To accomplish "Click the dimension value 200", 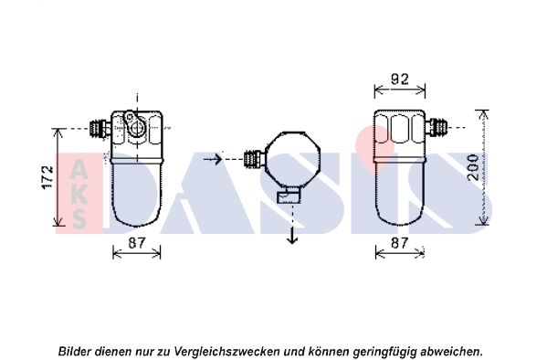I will click(x=470, y=166).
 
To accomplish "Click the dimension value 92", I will click(x=400, y=79).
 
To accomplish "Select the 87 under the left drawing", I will click(x=136, y=242).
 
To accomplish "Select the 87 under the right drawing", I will click(x=400, y=242).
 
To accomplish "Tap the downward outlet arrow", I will click(x=292, y=235).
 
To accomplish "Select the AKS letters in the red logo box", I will click(x=79, y=193).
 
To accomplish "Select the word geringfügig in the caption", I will click(x=382, y=350).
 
